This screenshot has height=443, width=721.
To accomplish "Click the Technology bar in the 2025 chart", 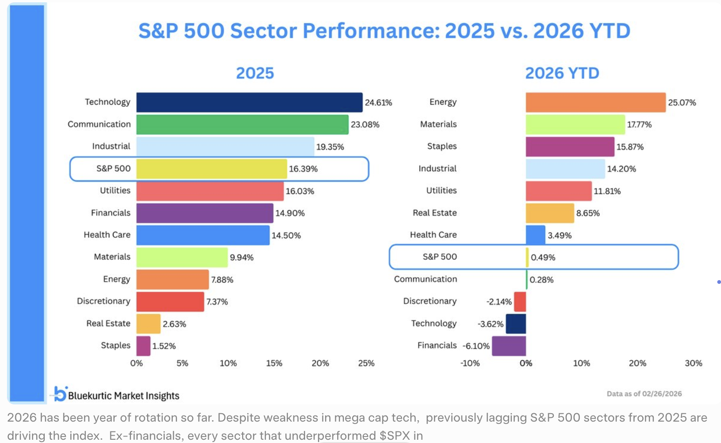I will [x=249, y=102].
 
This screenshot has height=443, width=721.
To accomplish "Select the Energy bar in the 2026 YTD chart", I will [x=595, y=102].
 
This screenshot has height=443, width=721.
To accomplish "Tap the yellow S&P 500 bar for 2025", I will [x=211, y=169].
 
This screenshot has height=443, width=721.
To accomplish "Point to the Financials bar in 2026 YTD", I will [x=509, y=346].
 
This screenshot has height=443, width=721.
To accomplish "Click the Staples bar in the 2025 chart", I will [x=143, y=346].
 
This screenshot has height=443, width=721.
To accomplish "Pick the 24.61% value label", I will [x=378, y=102].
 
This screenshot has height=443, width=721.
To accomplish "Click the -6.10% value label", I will [x=476, y=346].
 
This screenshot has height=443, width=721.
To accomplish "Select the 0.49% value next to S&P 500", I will [x=543, y=257].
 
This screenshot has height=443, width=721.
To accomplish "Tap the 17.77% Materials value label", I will [x=639, y=125].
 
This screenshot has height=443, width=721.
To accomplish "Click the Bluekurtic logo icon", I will [x=60, y=394].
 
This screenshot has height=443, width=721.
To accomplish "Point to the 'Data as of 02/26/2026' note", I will [x=644, y=394].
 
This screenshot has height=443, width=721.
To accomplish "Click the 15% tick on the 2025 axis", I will [x=274, y=363].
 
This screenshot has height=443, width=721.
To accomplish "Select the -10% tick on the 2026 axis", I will [x=469, y=363].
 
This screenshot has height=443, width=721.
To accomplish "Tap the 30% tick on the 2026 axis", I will [x=693, y=363].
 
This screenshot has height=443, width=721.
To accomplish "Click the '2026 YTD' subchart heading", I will [x=562, y=74].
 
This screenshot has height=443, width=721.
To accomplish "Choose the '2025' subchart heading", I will [x=255, y=74].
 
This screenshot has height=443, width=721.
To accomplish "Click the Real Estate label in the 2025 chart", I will [x=108, y=323].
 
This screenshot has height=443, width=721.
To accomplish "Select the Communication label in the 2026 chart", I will [x=425, y=279].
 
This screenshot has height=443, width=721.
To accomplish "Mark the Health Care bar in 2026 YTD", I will [x=535, y=235].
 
